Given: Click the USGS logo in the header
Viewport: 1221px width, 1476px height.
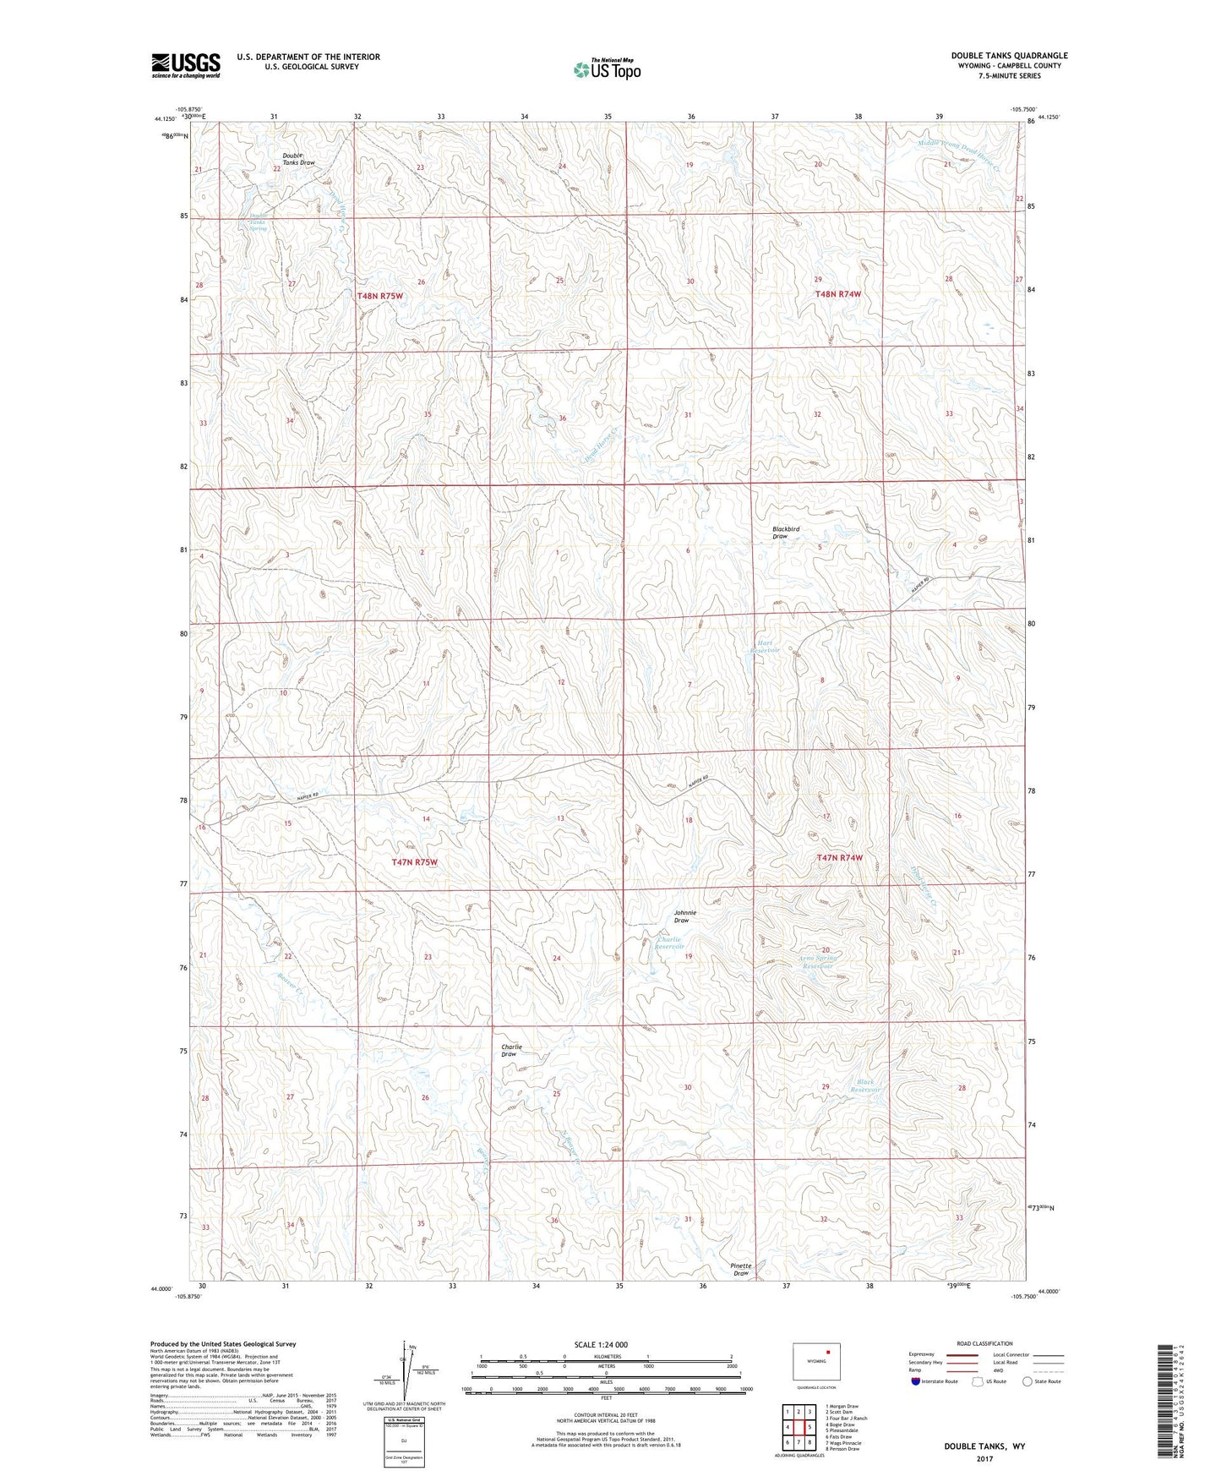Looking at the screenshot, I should (x=186, y=65).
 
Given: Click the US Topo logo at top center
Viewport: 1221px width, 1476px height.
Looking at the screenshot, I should (x=607, y=69).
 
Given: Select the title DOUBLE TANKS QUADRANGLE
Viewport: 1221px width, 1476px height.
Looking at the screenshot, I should (x=1009, y=56).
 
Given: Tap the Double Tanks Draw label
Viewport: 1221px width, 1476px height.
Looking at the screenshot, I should (x=298, y=159).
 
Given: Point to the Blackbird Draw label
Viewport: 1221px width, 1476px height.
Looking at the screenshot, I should (x=785, y=533).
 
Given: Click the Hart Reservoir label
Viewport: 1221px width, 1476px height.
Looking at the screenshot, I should (x=767, y=647).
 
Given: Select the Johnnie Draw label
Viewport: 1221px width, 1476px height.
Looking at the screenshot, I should (x=685, y=916).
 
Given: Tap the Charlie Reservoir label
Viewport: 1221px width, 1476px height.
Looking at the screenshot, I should (x=669, y=943).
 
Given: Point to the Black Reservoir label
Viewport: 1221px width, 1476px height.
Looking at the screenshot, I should (x=868, y=1085).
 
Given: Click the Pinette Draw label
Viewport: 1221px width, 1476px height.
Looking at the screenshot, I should (x=741, y=1270).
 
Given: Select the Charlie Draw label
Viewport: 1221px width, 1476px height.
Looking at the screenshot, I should (x=511, y=1050).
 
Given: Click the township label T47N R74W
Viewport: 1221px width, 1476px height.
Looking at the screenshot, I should (x=840, y=857).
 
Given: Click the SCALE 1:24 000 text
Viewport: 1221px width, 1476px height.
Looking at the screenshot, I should (x=601, y=1344).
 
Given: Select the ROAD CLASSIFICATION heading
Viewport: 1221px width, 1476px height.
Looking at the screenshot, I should (x=984, y=1343).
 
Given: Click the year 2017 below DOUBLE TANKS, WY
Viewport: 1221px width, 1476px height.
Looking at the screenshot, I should (x=984, y=1458).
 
